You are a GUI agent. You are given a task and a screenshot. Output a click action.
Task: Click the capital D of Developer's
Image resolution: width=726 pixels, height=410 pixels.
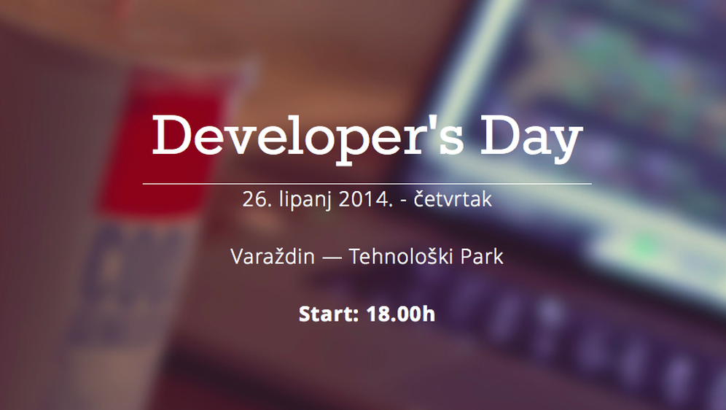[x=173, y=136]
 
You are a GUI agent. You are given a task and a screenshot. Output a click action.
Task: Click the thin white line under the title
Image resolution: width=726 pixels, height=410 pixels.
[x=367, y=184]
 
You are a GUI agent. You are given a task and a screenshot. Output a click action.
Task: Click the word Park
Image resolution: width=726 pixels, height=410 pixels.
[x=480, y=257]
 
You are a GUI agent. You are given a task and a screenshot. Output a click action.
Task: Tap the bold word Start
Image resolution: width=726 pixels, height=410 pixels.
[x=328, y=314]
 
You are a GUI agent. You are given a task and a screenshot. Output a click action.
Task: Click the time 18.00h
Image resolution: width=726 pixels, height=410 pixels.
[x=400, y=314]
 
